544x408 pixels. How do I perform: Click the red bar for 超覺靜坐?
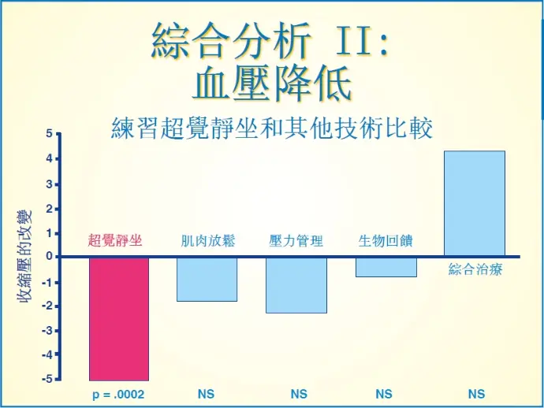119,319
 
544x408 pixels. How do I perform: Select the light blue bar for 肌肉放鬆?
207,280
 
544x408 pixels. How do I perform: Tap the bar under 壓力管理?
296,285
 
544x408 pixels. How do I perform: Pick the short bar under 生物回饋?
386,267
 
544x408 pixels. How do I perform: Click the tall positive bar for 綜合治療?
475,203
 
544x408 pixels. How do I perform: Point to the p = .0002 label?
118,395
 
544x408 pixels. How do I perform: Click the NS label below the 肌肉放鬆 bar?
206,394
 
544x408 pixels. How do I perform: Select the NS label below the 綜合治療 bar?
476,394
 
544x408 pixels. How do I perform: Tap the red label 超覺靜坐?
115,240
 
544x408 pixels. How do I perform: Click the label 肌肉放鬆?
208,240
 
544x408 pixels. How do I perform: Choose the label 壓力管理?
296,241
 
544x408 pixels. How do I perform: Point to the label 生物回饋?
386,241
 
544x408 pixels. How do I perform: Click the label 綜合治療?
475,269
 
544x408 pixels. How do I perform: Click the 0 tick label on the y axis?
49,256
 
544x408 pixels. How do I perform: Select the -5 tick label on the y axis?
47,379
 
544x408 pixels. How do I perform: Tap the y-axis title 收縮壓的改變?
24,257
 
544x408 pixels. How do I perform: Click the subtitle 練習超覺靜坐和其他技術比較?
272,128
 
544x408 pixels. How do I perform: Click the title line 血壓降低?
272,83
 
